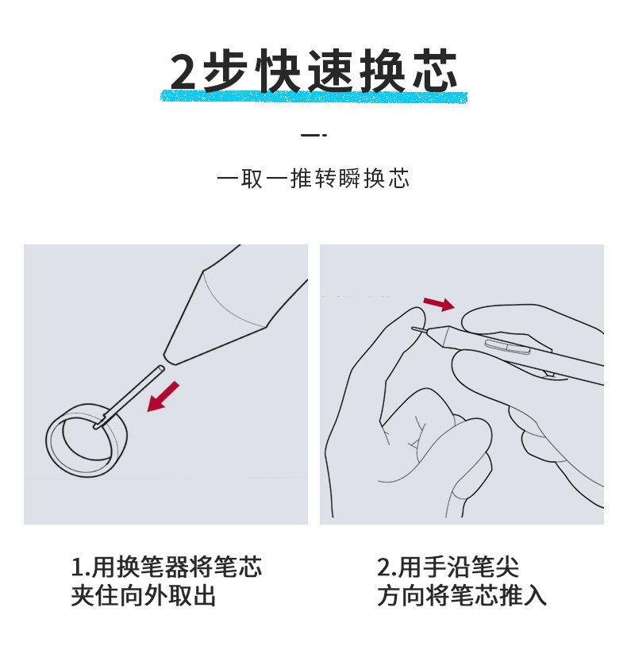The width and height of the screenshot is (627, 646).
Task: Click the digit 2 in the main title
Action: (183, 71)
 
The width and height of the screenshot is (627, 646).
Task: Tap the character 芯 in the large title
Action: (435, 71)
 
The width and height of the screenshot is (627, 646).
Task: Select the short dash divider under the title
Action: (313, 135)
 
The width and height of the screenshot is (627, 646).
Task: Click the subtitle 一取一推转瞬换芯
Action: (313, 179)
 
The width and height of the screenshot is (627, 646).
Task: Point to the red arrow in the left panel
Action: (163, 396)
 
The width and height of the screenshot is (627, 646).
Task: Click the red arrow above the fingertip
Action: (439, 304)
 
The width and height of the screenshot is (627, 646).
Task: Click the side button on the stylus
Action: (507, 347)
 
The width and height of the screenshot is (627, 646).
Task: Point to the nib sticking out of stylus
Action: (420, 329)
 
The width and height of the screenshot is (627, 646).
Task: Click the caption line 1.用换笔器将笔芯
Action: (167, 567)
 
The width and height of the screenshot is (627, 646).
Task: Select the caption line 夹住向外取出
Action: (143, 595)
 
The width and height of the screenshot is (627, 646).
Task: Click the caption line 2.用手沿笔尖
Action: (448, 567)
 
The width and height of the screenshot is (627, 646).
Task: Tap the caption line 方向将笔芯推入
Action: (461, 595)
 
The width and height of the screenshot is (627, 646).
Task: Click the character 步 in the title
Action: (225, 71)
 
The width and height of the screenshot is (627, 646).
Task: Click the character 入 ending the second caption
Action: (535, 596)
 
